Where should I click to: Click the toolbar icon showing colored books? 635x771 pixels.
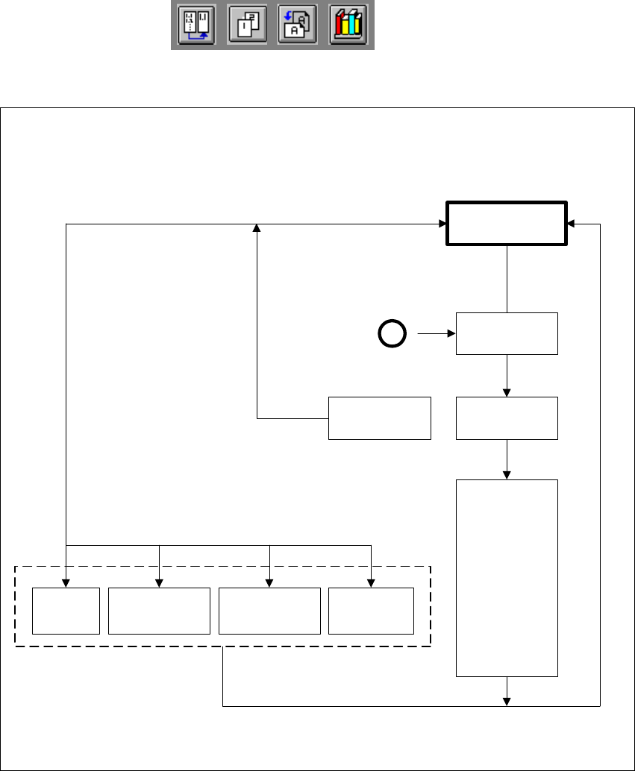(x=348, y=28)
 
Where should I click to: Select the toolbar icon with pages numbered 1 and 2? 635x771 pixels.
(x=247, y=28)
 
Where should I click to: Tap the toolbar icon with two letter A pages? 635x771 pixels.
(x=298, y=28)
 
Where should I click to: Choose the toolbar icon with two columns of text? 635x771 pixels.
(x=196, y=28)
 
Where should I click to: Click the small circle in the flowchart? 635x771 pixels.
(x=392, y=334)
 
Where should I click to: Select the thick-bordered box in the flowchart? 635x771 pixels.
(x=506, y=223)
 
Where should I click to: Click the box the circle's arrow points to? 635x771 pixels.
(x=507, y=333)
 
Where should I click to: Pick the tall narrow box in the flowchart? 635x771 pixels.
(x=507, y=578)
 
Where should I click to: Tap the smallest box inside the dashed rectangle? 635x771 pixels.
(x=66, y=611)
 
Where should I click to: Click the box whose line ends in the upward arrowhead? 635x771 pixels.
(x=380, y=418)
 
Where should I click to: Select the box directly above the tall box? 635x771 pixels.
(x=507, y=418)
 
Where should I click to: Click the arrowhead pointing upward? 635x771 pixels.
(x=257, y=227)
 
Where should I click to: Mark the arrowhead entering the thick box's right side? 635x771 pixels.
(x=570, y=223)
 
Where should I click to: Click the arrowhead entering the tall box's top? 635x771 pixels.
(x=507, y=475)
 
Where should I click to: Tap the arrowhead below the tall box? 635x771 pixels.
(x=507, y=700)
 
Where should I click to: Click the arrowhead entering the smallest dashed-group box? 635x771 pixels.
(x=66, y=583)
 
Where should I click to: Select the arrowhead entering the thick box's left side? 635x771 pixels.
(x=442, y=223)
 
